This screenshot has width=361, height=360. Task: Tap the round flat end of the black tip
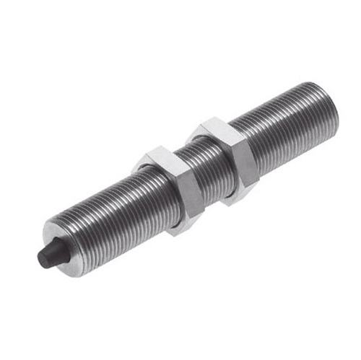pyautogui.click(x=44, y=260)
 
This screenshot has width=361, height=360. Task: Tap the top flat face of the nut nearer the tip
pyautogui.click(x=160, y=156)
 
